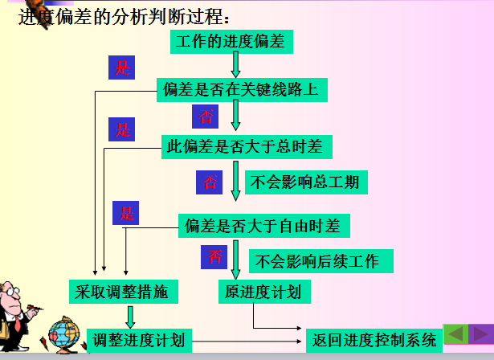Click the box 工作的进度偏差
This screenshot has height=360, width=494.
(231, 42)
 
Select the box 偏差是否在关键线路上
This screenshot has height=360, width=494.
(242, 90)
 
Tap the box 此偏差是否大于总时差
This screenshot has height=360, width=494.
(247, 147)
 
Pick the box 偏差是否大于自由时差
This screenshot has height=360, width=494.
(264, 226)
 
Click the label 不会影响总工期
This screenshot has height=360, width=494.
(306, 182)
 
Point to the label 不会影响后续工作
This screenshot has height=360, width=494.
(321, 261)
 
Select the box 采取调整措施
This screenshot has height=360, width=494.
(124, 292)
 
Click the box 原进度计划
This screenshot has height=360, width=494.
(264, 292)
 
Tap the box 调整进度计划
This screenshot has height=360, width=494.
(139, 341)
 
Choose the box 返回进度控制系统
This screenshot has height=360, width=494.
(374, 341)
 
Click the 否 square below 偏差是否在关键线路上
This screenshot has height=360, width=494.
(205, 117)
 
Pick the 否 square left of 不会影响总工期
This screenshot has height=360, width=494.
(209, 182)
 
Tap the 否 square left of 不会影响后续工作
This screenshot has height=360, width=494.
(214, 257)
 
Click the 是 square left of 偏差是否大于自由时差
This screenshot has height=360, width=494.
(125, 213)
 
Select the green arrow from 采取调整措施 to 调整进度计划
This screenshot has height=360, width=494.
(130, 317)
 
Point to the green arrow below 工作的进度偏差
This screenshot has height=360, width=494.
(235, 64)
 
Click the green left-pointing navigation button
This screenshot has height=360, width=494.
(455, 333)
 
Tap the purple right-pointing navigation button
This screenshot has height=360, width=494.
(481, 333)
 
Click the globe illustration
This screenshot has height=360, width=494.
(64, 334)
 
